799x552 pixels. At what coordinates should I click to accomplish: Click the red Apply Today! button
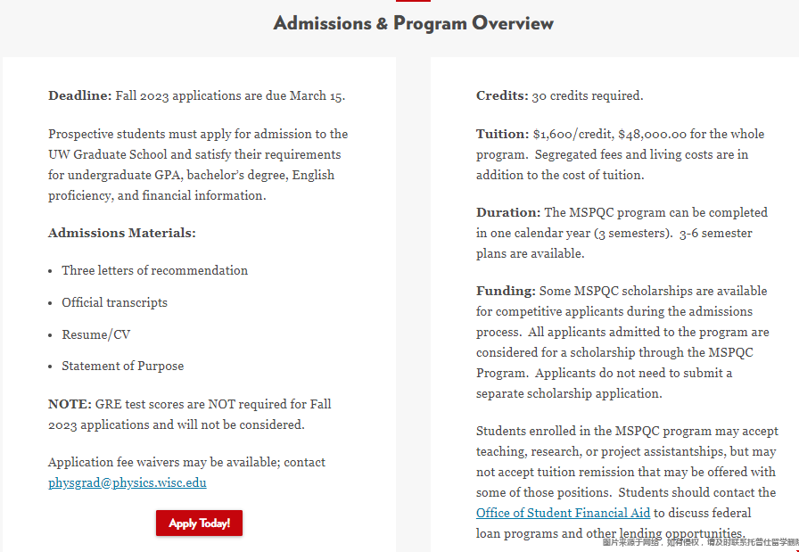click(199, 523)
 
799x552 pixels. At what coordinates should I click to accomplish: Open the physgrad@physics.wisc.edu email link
click(128, 483)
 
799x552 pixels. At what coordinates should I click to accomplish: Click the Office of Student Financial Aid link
click(564, 513)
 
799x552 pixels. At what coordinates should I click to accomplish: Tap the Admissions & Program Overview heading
click(414, 23)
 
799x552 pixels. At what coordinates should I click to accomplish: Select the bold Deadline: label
click(80, 96)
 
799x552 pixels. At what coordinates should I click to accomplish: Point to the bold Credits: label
click(502, 96)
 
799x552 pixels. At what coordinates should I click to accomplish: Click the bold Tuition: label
click(503, 135)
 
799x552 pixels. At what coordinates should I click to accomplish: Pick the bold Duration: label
click(508, 213)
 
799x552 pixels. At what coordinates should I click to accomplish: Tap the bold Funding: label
click(506, 292)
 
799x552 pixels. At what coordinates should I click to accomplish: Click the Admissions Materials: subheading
click(122, 234)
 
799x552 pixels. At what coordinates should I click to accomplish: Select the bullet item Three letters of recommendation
click(155, 271)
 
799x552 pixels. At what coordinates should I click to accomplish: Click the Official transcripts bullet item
click(114, 303)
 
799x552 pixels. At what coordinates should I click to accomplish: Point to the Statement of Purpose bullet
click(123, 367)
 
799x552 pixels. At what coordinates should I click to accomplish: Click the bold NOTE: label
click(70, 405)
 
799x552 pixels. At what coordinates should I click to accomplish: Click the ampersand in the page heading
click(383, 24)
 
